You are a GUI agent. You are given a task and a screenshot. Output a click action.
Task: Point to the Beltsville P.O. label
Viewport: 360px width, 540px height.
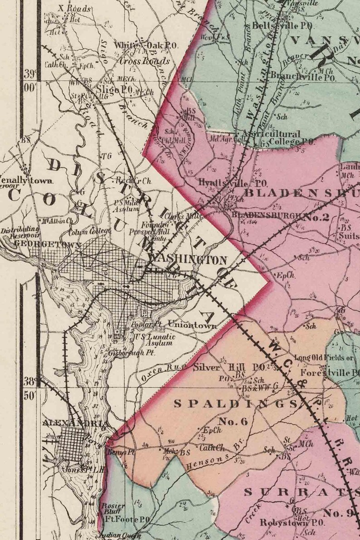point(277,25)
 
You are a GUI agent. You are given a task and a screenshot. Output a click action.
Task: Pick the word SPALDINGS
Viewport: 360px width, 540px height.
point(235,403)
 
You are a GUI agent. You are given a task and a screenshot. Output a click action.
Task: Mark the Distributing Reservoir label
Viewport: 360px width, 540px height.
point(19,233)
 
